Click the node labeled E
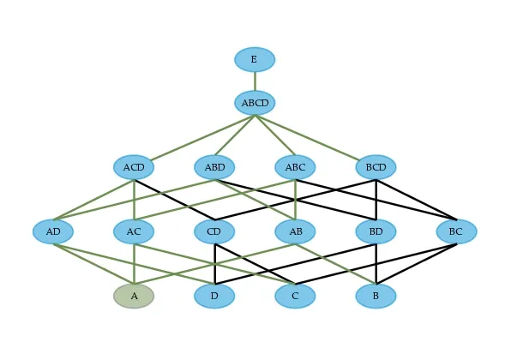pyautogui.click(x=255, y=59)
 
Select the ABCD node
pyautogui.click(x=255, y=103)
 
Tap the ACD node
pyautogui.click(x=134, y=167)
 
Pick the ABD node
pyautogui.click(x=214, y=167)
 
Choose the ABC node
pyautogui.click(x=295, y=167)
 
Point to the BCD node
pyautogui.click(x=376, y=167)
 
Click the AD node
pyautogui.click(x=53, y=231)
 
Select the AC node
pyautogui.click(x=134, y=231)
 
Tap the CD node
pyautogui.click(x=214, y=231)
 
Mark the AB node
pyautogui.click(x=295, y=231)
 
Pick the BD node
pyautogui.click(x=376, y=231)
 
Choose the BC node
pyautogui.click(x=456, y=231)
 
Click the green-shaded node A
pyautogui.click(x=134, y=296)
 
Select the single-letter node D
pyautogui.click(x=214, y=296)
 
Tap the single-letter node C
pyautogui.click(x=295, y=296)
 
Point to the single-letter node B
pyautogui.click(x=376, y=296)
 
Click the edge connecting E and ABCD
pyautogui.click(x=255, y=81)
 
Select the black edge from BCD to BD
pyautogui.click(x=376, y=199)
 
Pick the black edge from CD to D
pyautogui.click(x=214, y=264)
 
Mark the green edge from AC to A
pyautogui.click(x=134, y=264)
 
